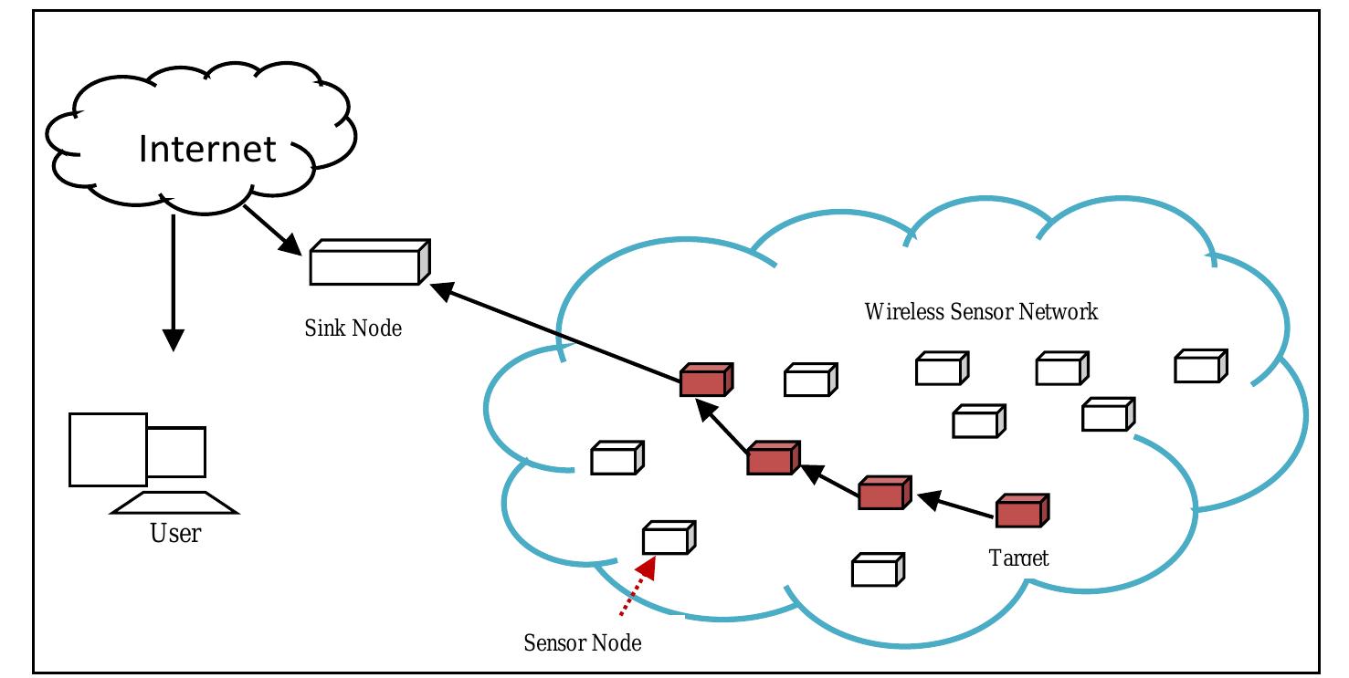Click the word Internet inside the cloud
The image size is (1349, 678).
click(207, 149)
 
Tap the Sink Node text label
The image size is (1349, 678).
click(353, 328)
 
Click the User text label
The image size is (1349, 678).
click(174, 533)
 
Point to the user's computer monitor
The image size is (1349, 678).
click(109, 449)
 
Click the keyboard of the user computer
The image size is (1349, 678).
click(174, 503)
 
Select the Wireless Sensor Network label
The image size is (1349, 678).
click(981, 312)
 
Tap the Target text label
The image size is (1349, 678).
click(1018, 558)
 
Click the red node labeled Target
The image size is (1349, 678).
click(1021, 511)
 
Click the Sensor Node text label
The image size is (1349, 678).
click(583, 643)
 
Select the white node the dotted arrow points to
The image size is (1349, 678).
click(669, 537)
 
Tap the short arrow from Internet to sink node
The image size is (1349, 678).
click(273, 230)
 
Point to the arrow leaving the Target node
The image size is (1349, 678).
click(954, 507)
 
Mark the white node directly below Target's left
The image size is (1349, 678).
click(877, 569)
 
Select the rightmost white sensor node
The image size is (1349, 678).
click(1199, 366)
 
